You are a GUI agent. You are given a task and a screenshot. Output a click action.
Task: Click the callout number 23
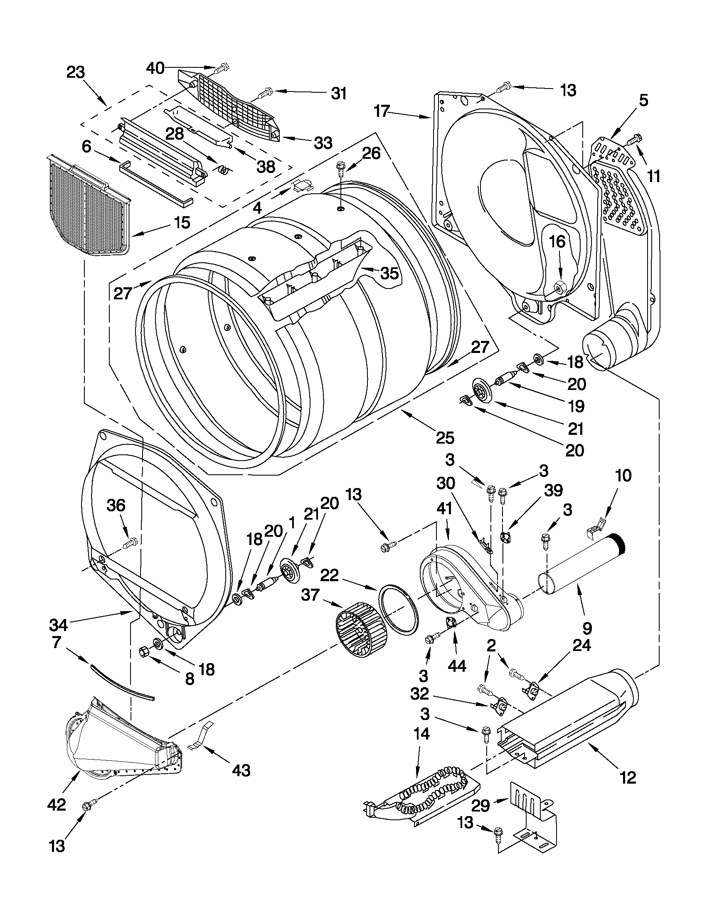tap(75, 72)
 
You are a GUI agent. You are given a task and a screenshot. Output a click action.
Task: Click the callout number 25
tap(445, 438)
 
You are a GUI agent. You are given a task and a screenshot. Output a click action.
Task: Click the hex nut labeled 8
tap(143, 651)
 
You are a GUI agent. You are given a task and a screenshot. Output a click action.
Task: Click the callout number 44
tap(457, 666)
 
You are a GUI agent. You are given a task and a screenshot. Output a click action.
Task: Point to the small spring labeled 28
tap(224, 170)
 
